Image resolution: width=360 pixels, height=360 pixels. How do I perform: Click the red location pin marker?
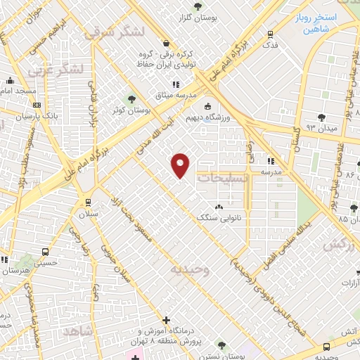pyautogui.click(x=181, y=165)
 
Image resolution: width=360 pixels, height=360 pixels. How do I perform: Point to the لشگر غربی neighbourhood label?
pyautogui.click(x=56, y=70)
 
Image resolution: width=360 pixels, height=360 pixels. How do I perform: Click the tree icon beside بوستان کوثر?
pyautogui.click(x=131, y=98)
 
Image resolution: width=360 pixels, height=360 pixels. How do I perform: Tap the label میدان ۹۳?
pyautogui.click(x=322, y=129)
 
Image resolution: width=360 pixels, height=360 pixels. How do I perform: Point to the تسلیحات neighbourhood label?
pyautogui.click(x=221, y=179)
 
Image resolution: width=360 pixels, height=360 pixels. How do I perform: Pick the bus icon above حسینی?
pyautogui.click(x=46, y=252)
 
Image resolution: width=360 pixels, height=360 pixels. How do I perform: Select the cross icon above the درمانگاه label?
pyautogui.click(x=166, y=319)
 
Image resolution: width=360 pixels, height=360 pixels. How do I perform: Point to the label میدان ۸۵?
pyautogui.click(x=335, y=220)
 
